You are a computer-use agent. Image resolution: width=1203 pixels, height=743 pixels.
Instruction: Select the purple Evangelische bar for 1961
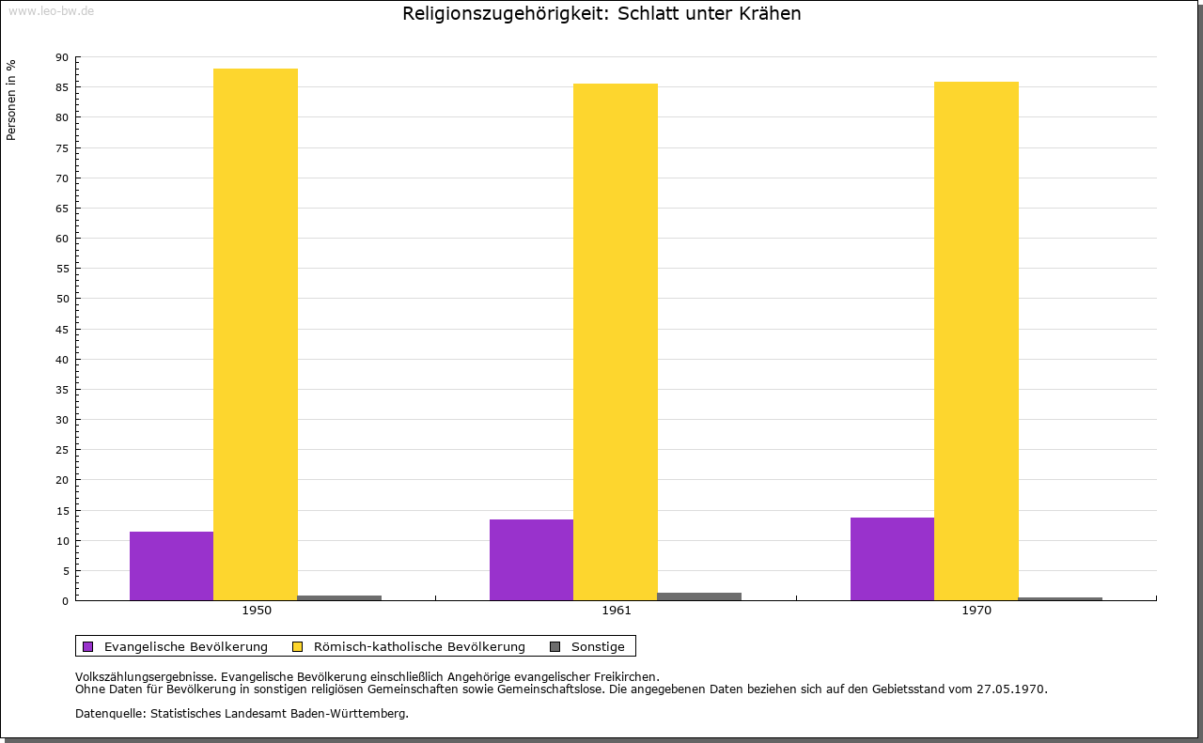(531, 560)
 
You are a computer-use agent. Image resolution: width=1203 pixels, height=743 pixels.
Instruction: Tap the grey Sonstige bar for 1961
(699, 596)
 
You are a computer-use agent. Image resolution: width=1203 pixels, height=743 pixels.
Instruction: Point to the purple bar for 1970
(892, 559)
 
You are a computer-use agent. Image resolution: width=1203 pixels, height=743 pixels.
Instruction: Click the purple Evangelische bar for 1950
(171, 565)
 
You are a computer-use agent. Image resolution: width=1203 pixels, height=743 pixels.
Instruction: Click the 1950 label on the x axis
(257, 611)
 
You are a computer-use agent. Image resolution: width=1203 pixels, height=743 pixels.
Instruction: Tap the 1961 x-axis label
(617, 611)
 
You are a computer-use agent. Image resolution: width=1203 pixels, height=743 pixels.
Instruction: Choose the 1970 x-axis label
(976, 611)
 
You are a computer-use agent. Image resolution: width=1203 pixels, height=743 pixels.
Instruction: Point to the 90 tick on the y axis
(62, 57)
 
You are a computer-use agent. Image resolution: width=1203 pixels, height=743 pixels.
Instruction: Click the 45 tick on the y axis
(62, 330)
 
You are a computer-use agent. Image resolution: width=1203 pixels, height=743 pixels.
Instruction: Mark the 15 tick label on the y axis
(62, 511)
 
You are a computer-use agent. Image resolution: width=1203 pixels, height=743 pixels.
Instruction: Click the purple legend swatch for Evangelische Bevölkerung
(88, 646)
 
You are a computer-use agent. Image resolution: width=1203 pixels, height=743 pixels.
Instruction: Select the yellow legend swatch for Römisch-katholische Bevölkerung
(297, 646)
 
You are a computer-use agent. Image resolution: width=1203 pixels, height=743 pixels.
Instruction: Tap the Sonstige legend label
(598, 646)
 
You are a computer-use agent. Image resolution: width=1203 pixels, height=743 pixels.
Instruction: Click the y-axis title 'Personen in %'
(11, 100)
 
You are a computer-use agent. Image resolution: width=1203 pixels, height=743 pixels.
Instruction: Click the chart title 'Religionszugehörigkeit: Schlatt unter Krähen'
(601, 14)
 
